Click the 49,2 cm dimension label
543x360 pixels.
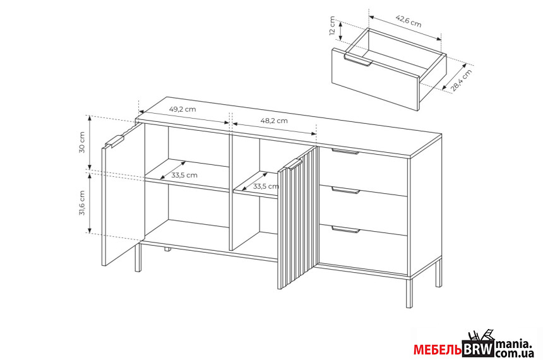point(182,109)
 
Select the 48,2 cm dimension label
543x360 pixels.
point(274,121)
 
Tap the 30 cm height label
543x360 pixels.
point(82,142)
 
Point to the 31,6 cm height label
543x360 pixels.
point(82,203)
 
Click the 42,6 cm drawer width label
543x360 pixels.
point(409,21)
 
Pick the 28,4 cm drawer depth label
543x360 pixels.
point(462,81)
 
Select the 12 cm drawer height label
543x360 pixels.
point(332,26)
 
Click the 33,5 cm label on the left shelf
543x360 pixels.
point(184,175)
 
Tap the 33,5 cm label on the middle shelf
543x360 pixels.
point(266,186)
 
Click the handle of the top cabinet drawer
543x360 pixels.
point(345,151)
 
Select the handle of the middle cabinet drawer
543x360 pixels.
point(345,190)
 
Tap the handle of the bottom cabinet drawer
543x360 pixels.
point(345,229)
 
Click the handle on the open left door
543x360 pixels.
point(115,141)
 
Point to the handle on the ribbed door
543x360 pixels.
point(293,165)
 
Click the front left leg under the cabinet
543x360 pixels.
point(138,258)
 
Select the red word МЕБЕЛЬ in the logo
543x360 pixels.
point(438,350)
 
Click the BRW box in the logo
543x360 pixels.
point(478,349)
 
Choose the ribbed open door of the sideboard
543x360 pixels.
point(297,219)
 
